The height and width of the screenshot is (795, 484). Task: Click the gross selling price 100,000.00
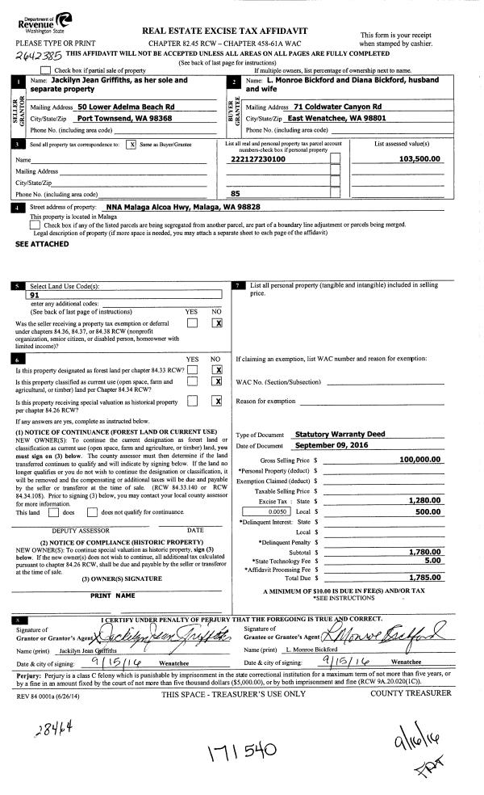[x=414, y=459]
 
